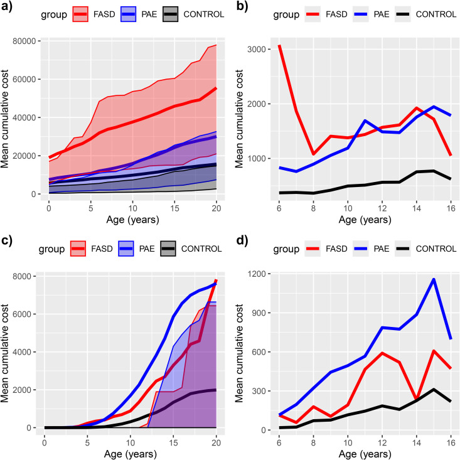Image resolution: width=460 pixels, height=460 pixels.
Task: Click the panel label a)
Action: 6,6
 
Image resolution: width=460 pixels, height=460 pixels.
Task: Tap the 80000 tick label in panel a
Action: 24,41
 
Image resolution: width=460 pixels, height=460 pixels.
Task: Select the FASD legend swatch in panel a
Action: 80,14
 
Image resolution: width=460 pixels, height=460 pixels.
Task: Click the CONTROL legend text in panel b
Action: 436,14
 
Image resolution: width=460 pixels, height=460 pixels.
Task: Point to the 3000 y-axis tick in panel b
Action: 257,49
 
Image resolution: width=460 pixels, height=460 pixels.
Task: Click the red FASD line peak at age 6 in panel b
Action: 280,46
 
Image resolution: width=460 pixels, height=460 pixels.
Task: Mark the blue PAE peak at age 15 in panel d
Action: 434,279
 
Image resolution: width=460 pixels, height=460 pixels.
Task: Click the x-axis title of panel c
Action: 130,454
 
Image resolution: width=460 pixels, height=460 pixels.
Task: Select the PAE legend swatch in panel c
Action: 126,249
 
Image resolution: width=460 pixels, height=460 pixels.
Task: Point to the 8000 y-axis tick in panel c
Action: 22,276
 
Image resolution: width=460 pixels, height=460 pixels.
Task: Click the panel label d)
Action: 242,240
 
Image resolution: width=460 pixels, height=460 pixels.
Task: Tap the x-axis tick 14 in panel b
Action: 416,208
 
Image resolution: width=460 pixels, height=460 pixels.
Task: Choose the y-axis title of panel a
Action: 5,119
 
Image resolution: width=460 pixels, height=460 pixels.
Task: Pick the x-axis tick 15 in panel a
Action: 174,208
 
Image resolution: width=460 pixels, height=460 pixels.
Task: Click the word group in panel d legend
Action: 286,249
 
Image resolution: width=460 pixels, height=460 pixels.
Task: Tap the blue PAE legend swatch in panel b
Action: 361,14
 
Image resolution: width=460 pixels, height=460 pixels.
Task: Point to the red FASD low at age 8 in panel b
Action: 314,154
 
